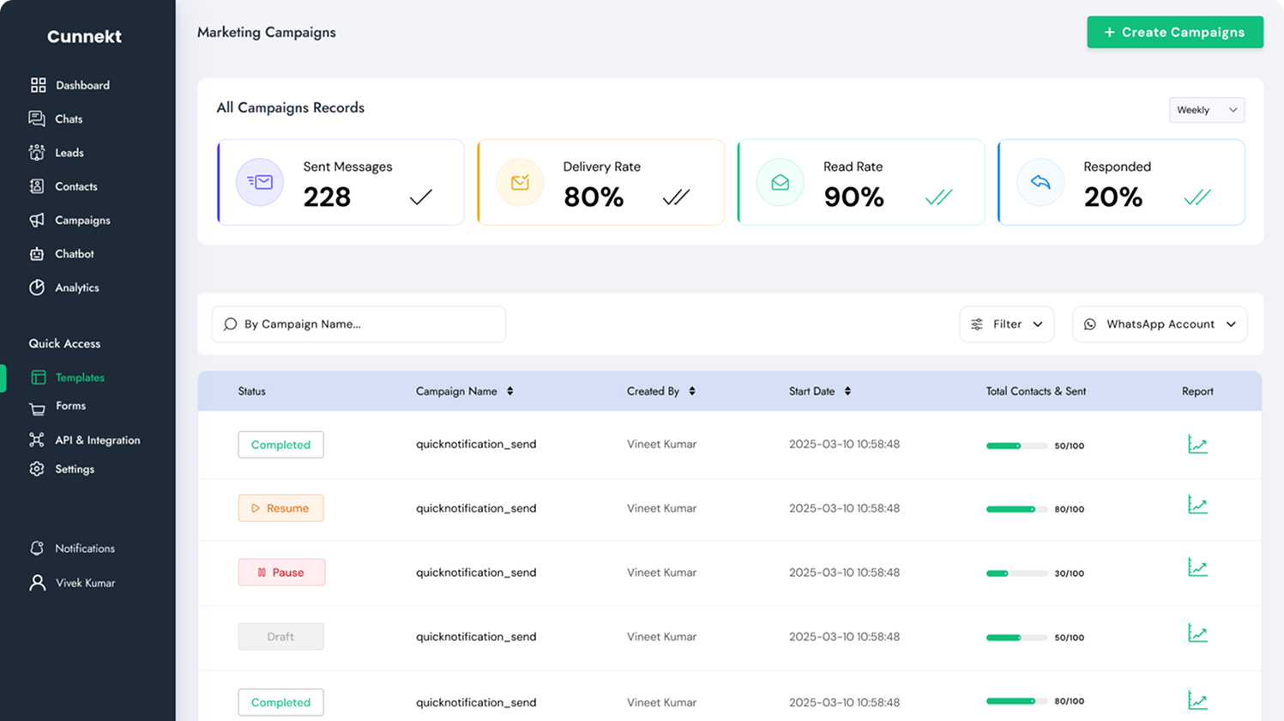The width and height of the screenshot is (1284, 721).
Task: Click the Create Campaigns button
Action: point(1174,33)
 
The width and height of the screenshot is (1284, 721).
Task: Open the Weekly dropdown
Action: point(1206,110)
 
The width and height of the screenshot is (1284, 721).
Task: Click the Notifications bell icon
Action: point(37,548)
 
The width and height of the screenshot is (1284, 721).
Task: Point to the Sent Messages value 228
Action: point(327,197)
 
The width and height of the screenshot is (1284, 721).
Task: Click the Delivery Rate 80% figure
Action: point(594,197)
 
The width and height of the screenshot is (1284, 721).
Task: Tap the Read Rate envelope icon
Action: point(780,182)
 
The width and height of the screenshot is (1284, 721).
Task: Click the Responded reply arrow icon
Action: point(1040,182)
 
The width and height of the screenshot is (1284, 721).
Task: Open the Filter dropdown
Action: point(1006,324)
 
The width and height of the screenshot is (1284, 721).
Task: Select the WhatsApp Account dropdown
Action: point(1159,324)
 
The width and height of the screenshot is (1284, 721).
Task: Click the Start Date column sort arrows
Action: point(847,391)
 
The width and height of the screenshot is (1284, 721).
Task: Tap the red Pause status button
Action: point(281,573)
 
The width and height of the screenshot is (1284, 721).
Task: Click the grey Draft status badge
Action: point(280,637)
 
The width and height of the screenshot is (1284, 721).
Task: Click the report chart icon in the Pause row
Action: point(1197,568)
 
